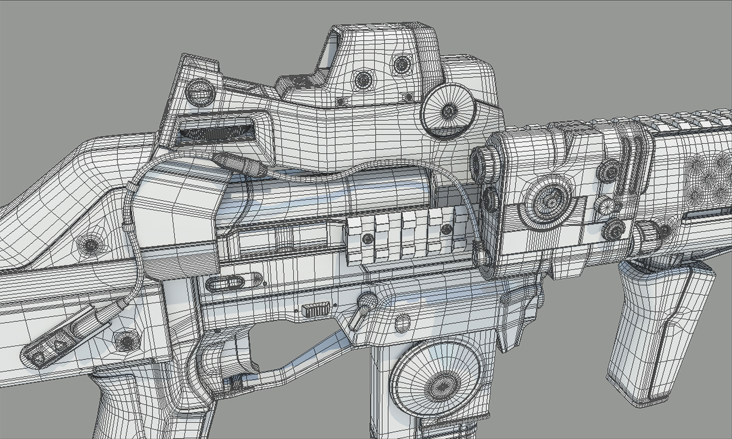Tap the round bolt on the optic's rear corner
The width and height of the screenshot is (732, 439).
click(200, 92)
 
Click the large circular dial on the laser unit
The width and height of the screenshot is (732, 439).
click(549, 200)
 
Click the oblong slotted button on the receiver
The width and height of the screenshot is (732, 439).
click(225, 283)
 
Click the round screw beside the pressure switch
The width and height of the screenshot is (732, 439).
click(127, 341)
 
